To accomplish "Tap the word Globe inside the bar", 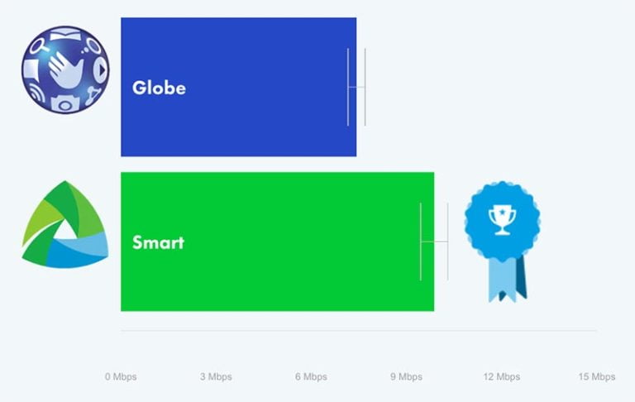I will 159,88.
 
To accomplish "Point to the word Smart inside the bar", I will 158,243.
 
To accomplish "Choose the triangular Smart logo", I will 64,225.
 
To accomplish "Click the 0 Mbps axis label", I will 121,377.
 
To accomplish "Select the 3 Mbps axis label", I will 216,377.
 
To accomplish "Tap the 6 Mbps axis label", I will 311,377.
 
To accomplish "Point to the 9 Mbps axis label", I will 406,377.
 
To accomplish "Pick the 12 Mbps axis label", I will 502,377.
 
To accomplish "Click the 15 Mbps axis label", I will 597,377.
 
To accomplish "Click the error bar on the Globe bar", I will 356,87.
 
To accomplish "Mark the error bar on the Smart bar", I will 434,242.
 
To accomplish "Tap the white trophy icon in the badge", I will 502,219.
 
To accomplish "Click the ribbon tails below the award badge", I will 506,277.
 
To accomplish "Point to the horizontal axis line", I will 359,331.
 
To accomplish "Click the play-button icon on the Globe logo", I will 98,70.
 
